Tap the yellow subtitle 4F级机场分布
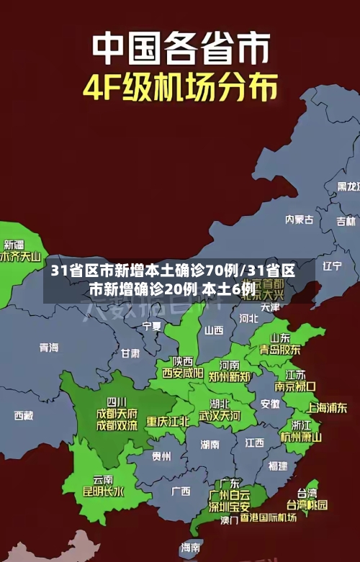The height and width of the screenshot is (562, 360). click(180, 89)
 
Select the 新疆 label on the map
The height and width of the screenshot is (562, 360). click(14, 225)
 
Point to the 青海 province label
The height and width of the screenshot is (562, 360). click(49, 348)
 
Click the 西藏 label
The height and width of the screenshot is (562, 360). click(23, 415)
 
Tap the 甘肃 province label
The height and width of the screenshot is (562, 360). click(130, 353)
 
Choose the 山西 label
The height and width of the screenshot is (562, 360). click(214, 330)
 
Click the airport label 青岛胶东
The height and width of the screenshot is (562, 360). click(280, 350)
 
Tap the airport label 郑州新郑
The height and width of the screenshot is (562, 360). click(230, 376)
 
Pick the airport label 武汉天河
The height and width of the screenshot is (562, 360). click(220, 416)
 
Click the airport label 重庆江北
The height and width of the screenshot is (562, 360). click(168, 421)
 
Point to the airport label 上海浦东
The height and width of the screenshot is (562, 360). click(327, 407)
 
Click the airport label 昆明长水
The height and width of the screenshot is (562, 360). click(103, 492)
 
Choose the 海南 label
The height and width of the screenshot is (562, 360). click(191, 548)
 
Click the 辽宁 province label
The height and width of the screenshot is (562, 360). click(332, 266)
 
